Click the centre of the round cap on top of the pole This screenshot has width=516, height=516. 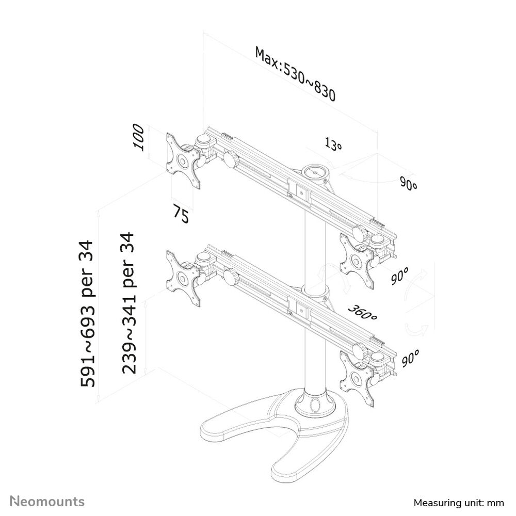click(315, 172)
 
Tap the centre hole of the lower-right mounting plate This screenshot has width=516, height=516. click(356, 378)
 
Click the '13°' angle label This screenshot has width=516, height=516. click(333, 144)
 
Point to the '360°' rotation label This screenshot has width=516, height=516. click(363, 313)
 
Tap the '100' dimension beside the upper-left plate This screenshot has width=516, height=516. click(138, 137)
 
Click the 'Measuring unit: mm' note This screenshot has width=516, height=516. click(459, 503)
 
